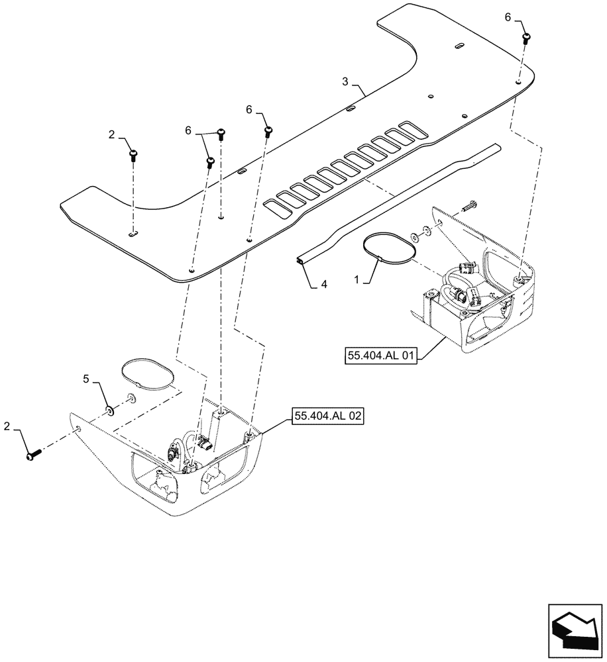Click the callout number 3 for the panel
(345, 81)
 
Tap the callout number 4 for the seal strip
(324, 285)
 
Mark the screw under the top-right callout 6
(527, 38)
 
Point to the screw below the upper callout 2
(135, 156)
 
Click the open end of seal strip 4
(302, 263)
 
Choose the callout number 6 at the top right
(508, 18)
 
